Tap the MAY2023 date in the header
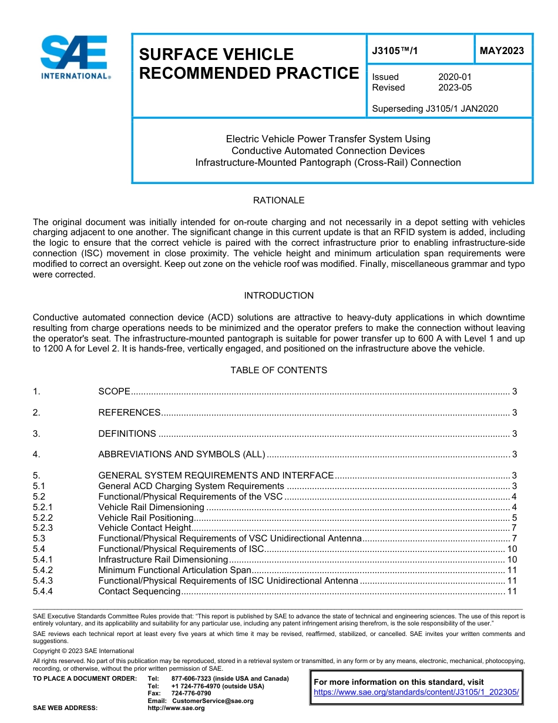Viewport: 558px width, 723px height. pyautogui.click(x=502, y=51)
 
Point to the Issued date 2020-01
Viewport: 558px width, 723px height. pyautogui.click(x=455, y=77)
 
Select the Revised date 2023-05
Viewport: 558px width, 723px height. pyautogui.click(x=455, y=88)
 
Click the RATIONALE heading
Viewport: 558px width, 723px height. pyautogui.click(x=278, y=200)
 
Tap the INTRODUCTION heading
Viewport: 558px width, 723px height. pyautogui.click(x=278, y=296)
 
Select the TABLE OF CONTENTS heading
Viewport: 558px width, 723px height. pyautogui.click(x=278, y=370)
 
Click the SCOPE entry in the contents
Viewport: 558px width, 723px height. pyautogui.click(x=114, y=391)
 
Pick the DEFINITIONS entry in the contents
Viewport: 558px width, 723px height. pyautogui.click(x=127, y=434)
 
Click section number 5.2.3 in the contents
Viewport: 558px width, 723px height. pyautogui.click(x=43, y=528)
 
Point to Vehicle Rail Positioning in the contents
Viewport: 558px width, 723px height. pyautogui.click(x=146, y=518)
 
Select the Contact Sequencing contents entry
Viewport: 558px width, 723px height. pyautogui.click(x=139, y=591)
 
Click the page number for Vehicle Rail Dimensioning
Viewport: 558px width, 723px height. pyautogui.click(x=514, y=507)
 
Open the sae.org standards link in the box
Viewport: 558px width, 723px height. pyautogui.click(x=416, y=692)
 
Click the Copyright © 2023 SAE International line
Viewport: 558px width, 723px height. pyautogui.click(x=83, y=651)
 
